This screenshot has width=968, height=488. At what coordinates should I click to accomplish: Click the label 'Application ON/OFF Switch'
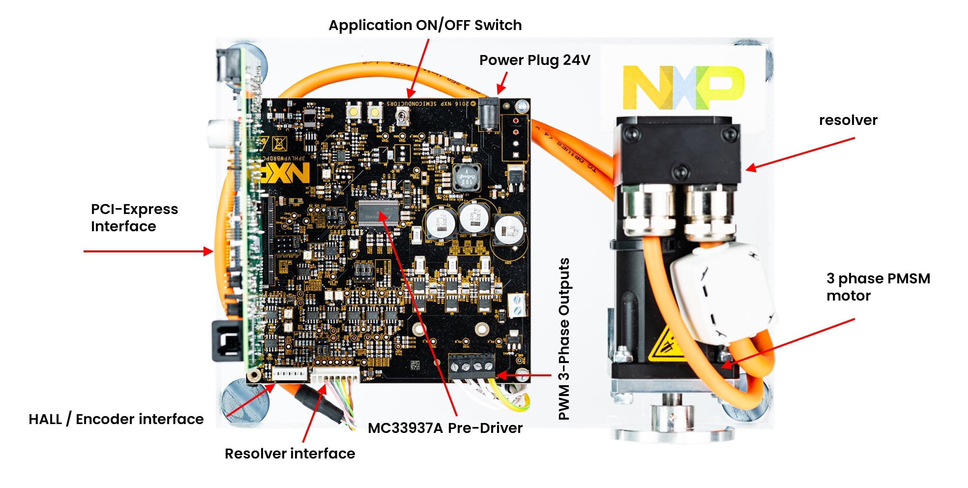tap(425, 25)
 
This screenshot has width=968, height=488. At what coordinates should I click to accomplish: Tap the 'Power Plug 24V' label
tap(534, 60)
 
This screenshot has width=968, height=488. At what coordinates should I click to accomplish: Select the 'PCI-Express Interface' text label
tap(134, 217)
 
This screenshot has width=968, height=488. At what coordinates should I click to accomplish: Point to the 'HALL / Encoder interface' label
tap(116, 419)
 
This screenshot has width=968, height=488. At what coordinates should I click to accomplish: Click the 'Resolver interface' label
tap(290, 454)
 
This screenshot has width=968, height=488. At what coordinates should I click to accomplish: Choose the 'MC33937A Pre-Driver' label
tap(445, 428)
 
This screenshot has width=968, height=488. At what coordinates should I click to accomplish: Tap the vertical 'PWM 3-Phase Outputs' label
tap(564, 339)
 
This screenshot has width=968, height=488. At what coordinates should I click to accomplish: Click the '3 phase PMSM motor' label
tap(878, 287)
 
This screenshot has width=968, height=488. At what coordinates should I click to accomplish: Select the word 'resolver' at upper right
tap(848, 120)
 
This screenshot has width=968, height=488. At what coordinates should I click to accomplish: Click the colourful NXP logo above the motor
tap(683, 88)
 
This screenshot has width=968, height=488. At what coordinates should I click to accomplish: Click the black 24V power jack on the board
tap(489, 114)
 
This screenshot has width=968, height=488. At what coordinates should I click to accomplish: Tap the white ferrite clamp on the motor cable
tap(718, 293)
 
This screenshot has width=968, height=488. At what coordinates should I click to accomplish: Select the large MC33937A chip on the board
tap(378, 213)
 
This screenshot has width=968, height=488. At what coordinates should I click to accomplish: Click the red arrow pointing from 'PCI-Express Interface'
tap(147, 251)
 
